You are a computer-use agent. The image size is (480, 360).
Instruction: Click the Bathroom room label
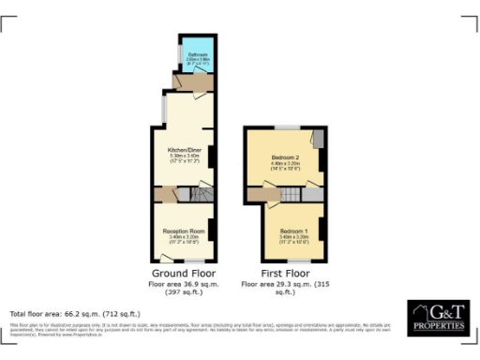pyautogui.click(x=198, y=55)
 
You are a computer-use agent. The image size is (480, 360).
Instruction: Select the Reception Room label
pyautogui.click(x=184, y=231)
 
